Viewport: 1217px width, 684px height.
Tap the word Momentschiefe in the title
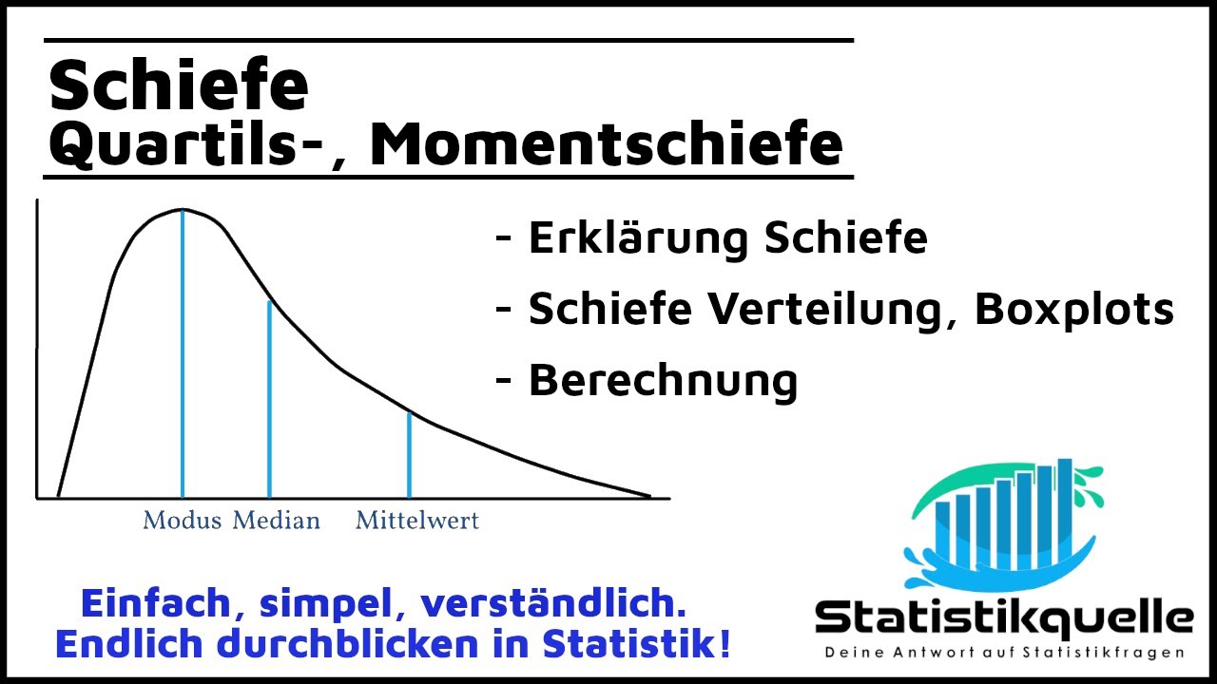click(606, 143)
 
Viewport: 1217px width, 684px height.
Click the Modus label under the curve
click(182, 521)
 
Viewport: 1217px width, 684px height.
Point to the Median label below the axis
click(277, 521)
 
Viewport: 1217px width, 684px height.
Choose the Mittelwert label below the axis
click(417, 521)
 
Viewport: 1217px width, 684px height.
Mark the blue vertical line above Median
click(270, 399)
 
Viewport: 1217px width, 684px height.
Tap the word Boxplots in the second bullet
click(1075, 309)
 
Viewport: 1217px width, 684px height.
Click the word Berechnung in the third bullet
click(663, 380)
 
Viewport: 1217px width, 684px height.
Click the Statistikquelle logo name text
click(1004, 618)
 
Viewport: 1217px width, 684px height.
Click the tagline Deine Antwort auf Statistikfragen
click(1004, 653)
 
